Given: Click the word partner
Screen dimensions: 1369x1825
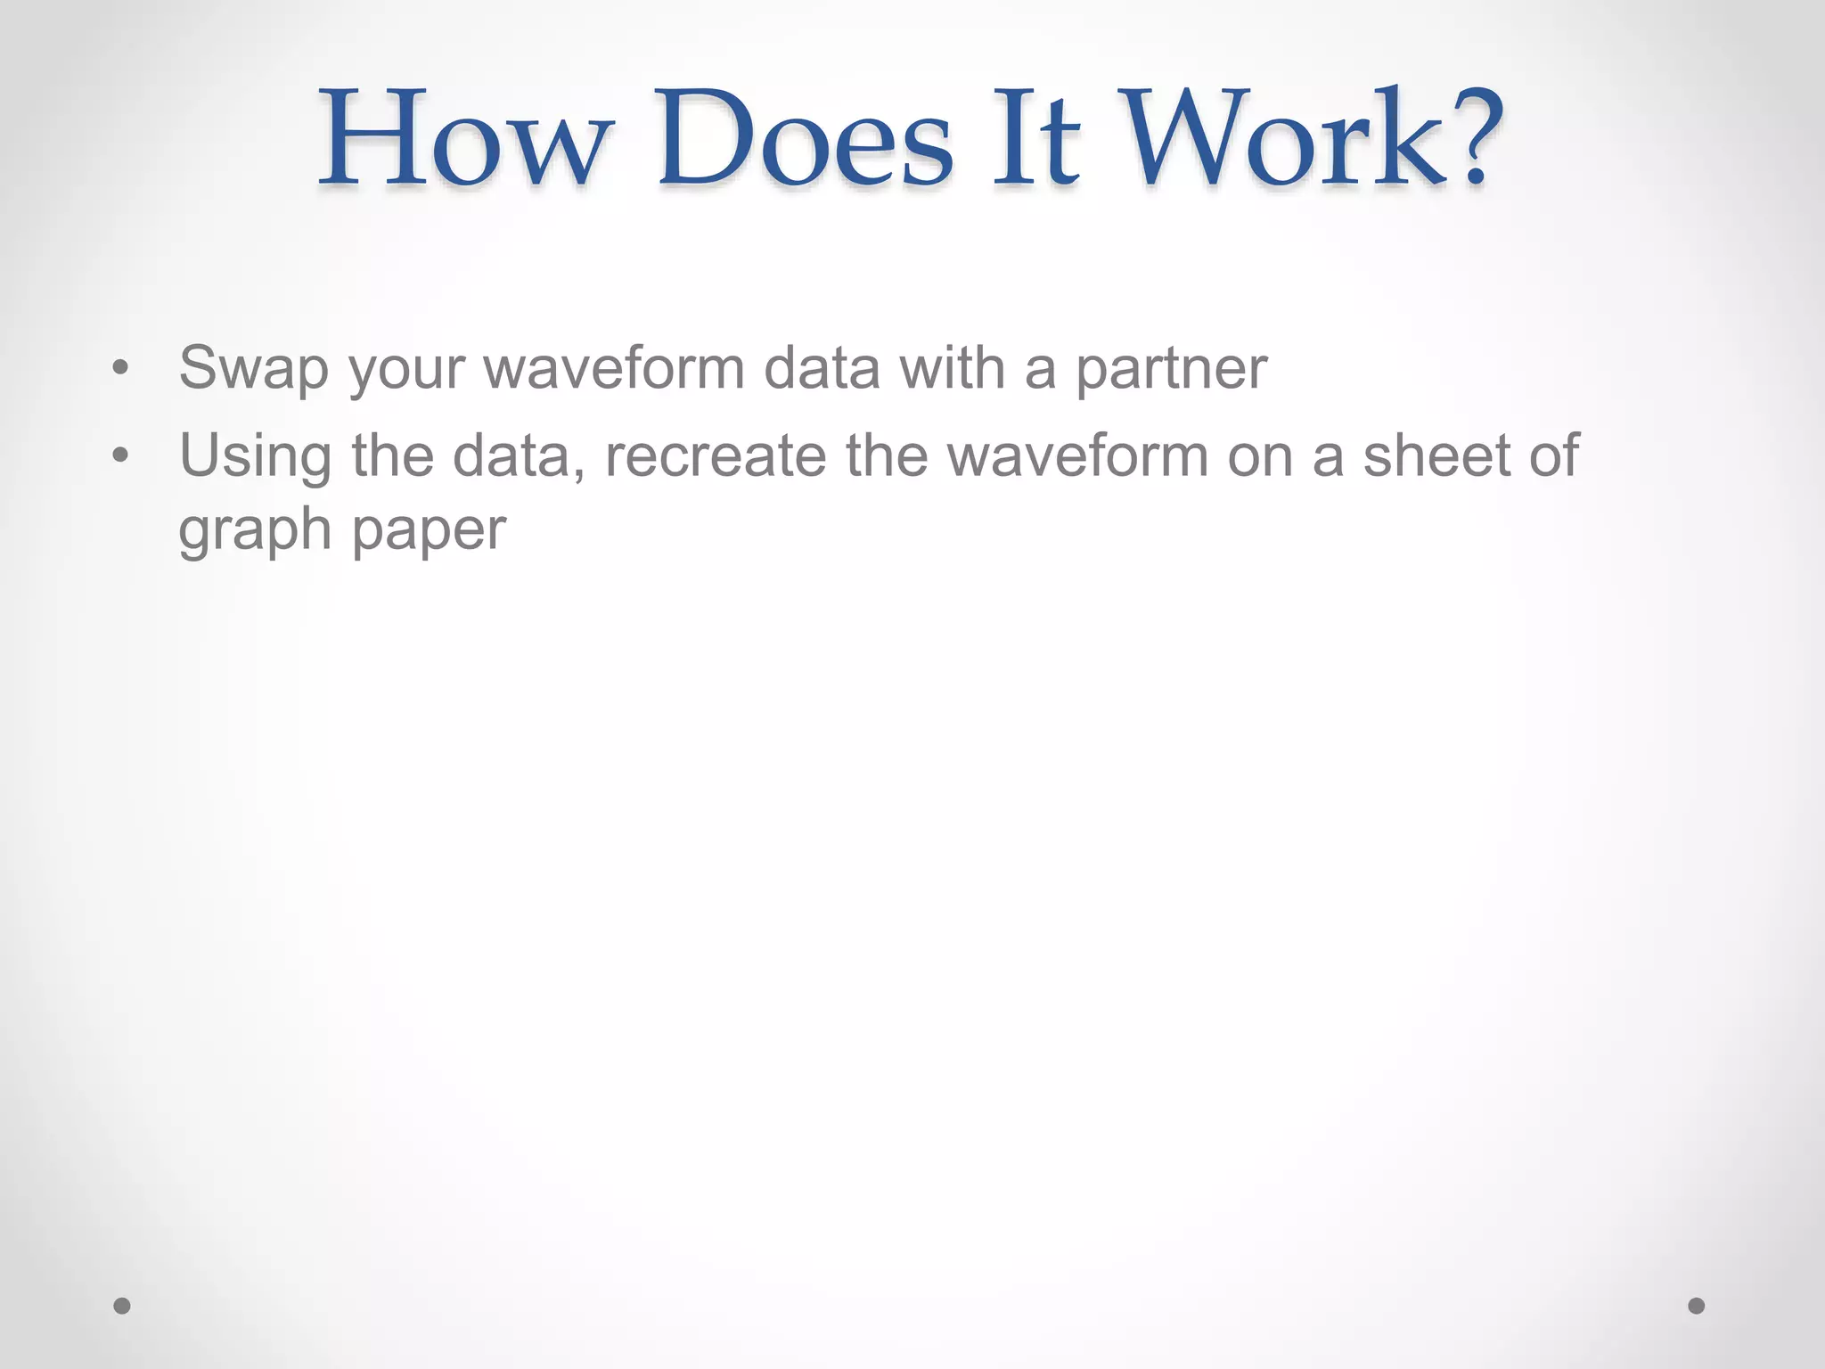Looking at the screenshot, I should click(1171, 368).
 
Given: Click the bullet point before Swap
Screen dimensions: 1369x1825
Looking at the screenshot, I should click(121, 368).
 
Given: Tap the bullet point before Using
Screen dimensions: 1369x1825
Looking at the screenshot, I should click(121, 456).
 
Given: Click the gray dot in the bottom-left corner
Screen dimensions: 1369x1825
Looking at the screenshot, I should click(122, 1306).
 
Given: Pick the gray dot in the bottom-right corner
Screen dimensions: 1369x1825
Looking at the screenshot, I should click(1697, 1306).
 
